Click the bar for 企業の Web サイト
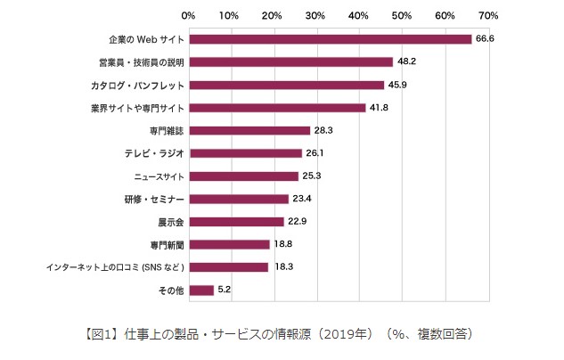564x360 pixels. pyautogui.click(x=330, y=39)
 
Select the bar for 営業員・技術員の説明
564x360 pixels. pyautogui.click(x=290, y=62)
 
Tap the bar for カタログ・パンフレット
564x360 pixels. pyautogui.click(x=286, y=86)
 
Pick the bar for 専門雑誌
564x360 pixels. pyautogui.click(x=249, y=131)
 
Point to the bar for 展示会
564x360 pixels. pyautogui.click(x=237, y=222)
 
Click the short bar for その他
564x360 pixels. pyautogui.click(x=200, y=290)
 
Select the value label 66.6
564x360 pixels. pyautogui.click(x=485, y=39)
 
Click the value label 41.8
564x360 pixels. pyautogui.click(x=380, y=108)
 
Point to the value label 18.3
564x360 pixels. pyautogui.click(x=282, y=266)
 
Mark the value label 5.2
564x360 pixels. pyautogui.click(x=225, y=290)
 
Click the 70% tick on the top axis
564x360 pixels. pyautogui.click(x=488, y=16)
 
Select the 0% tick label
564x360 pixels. pyautogui.click(x=188, y=16)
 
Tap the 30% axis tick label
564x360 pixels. pyautogui.click(x=315, y=16)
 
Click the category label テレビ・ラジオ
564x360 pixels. pyautogui.click(x=154, y=153)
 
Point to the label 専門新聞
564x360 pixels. pyautogui.click(x=167, y=244)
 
